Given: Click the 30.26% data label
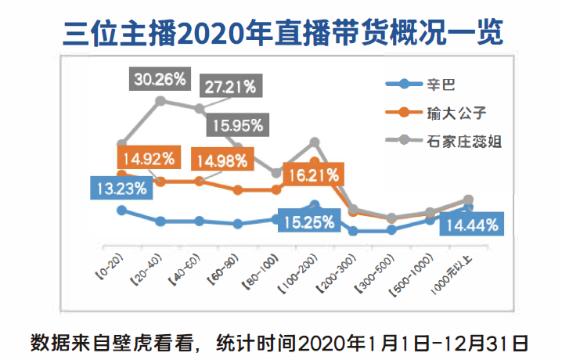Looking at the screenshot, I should pyautogui.click(x=160, y=78).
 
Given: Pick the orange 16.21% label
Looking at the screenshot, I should pyautogui.click(x=312, y=175).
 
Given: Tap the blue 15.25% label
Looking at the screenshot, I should pyautogui.click(x=307, y=221).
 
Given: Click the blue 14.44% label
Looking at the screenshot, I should pyautogui.click(x=471, y=226).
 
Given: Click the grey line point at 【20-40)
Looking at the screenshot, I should pyautogui.click(x=160, y=100).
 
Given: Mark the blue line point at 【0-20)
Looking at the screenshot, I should pyautogui.click(x=121, y=210).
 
